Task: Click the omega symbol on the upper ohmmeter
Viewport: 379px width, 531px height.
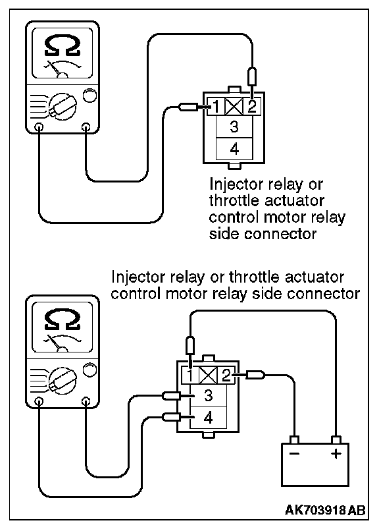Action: tap(63, 46)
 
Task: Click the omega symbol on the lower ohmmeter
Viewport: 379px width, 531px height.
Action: tap(63, 320)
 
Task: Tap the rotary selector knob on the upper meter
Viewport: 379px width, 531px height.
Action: tap(63, 106)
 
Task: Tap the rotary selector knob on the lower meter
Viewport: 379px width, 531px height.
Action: tap(63, 380)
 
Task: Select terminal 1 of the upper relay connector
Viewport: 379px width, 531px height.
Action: tap(216, 107)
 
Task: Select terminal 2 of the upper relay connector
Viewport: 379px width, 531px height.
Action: tap(252, 107)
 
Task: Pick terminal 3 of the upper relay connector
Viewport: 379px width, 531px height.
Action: tap(234, 126)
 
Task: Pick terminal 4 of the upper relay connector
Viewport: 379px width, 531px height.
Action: tap(234, 149)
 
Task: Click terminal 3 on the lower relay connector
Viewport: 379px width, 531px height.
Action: tap(209, 395)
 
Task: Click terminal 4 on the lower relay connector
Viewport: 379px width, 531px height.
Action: tap(209, 418)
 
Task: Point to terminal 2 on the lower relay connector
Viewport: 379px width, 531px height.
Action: tap(226, 376)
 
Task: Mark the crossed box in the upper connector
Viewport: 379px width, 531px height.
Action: tap(234, 107)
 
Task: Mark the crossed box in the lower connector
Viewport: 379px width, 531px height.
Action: tap(208, 376)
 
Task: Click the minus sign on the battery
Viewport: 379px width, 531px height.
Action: tap(294, 453)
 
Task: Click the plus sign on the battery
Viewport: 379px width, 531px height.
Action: tap(336, 453)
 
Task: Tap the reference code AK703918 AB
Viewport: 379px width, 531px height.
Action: tap(325, 511)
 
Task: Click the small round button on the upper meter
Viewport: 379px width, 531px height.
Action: tap(90, 95)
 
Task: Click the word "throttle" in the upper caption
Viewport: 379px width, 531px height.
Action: tap(234, 200)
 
